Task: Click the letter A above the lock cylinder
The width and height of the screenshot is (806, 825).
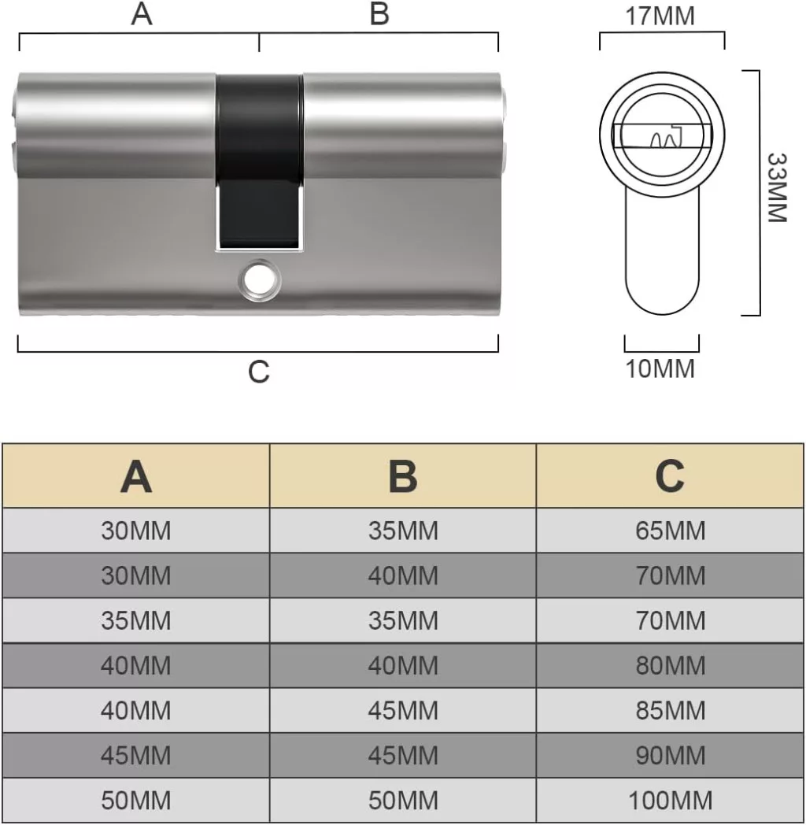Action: pyautogui.click(x=142, y=14)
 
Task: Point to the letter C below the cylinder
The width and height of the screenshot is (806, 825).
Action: pyautogui.click(x=259, y=372)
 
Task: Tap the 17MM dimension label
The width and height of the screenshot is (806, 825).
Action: pyautogui.click(x=660, y=16)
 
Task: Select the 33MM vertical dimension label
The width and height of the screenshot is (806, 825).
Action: pyautogui.click(x=777, y=188)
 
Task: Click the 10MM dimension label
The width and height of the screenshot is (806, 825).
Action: pyautogui.click(x=660, y=368)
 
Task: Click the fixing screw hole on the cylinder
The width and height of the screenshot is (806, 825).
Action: pyautogui.click(x=260, y=280)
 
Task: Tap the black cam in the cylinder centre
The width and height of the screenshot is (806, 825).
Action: pyautogui.click(x=260, y=161)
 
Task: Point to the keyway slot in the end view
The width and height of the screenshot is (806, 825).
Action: pyautogui.click(x=662, y=135)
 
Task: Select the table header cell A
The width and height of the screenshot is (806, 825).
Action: pyautogui.click(x=136, y=476)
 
